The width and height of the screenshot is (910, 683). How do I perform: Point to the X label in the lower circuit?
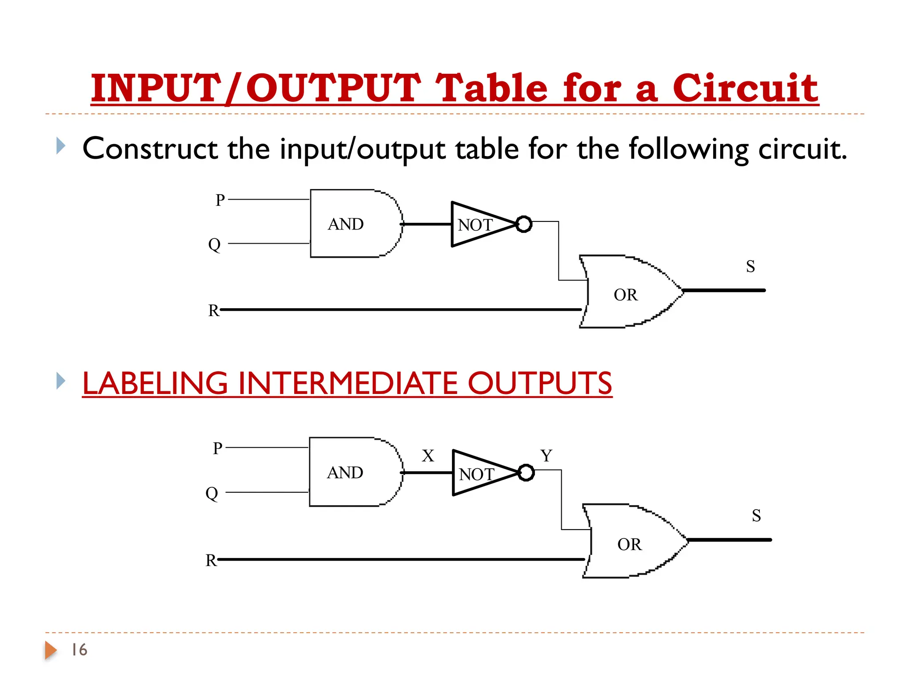[428, 456]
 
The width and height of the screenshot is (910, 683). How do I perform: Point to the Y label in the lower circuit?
[546, 456]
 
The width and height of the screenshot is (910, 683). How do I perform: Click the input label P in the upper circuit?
[220, 200]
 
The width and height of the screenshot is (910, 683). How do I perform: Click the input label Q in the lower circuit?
[212, 493]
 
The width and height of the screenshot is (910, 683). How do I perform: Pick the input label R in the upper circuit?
[213, 310]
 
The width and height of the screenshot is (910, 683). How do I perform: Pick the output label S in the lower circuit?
[756, 516]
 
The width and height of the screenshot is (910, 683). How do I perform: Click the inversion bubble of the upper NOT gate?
[524, 224]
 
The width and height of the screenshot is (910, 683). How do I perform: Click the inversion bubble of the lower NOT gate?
[526, 473]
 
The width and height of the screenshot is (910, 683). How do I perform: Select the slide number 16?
[80, 650]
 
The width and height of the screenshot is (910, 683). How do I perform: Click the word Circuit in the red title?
[745, 88]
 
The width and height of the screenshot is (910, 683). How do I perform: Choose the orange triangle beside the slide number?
[51, 650]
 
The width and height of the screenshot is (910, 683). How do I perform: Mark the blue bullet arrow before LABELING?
[61, 381]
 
